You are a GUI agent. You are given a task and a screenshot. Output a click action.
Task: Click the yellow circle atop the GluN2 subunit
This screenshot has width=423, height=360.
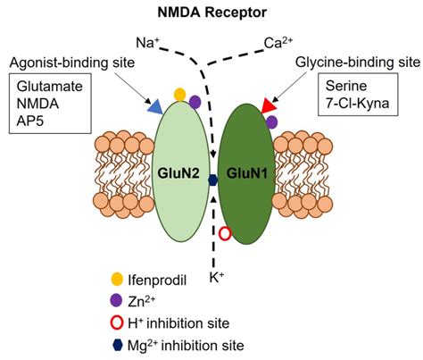[x=179, y=94]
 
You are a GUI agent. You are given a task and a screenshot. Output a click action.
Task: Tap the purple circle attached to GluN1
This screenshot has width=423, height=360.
[x=271, y=121]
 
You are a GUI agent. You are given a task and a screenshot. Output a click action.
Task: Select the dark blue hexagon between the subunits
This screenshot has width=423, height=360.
[x=212, y=180]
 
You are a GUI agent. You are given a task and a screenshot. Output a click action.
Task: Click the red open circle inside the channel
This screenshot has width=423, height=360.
[x=225, y=234]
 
